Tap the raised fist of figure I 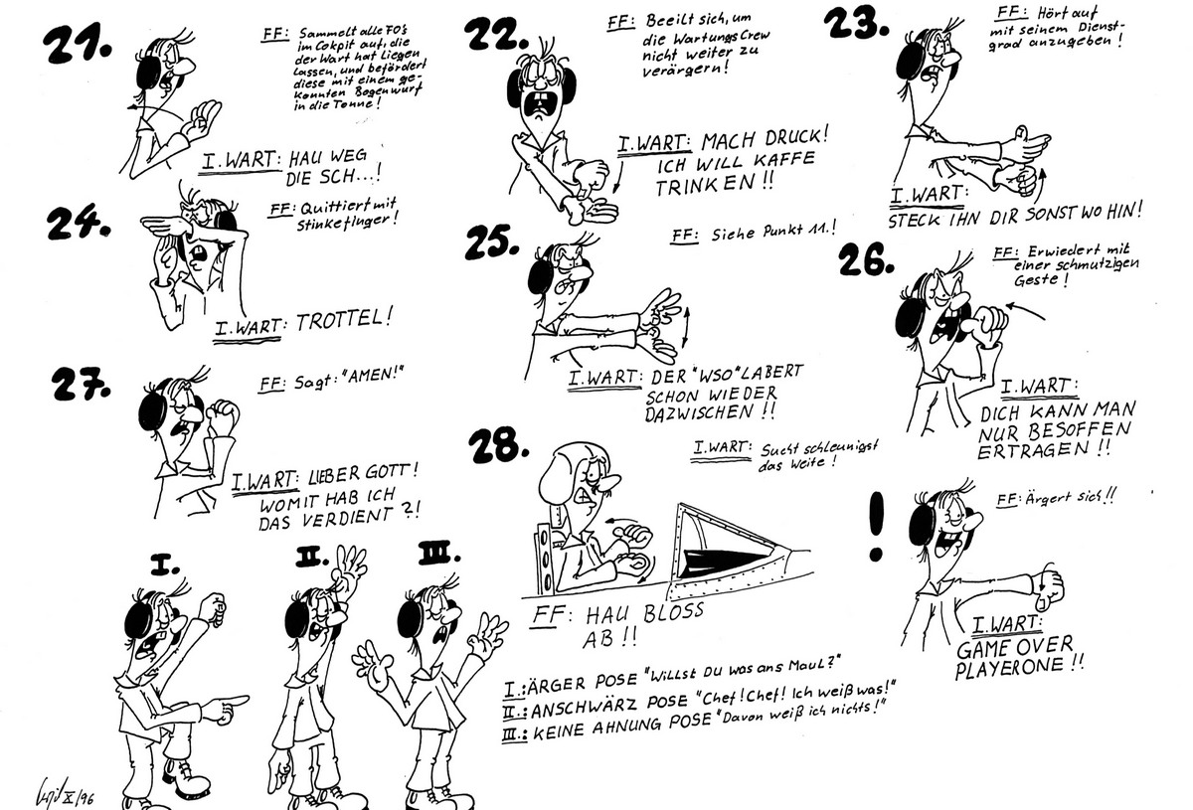[211, 605]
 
